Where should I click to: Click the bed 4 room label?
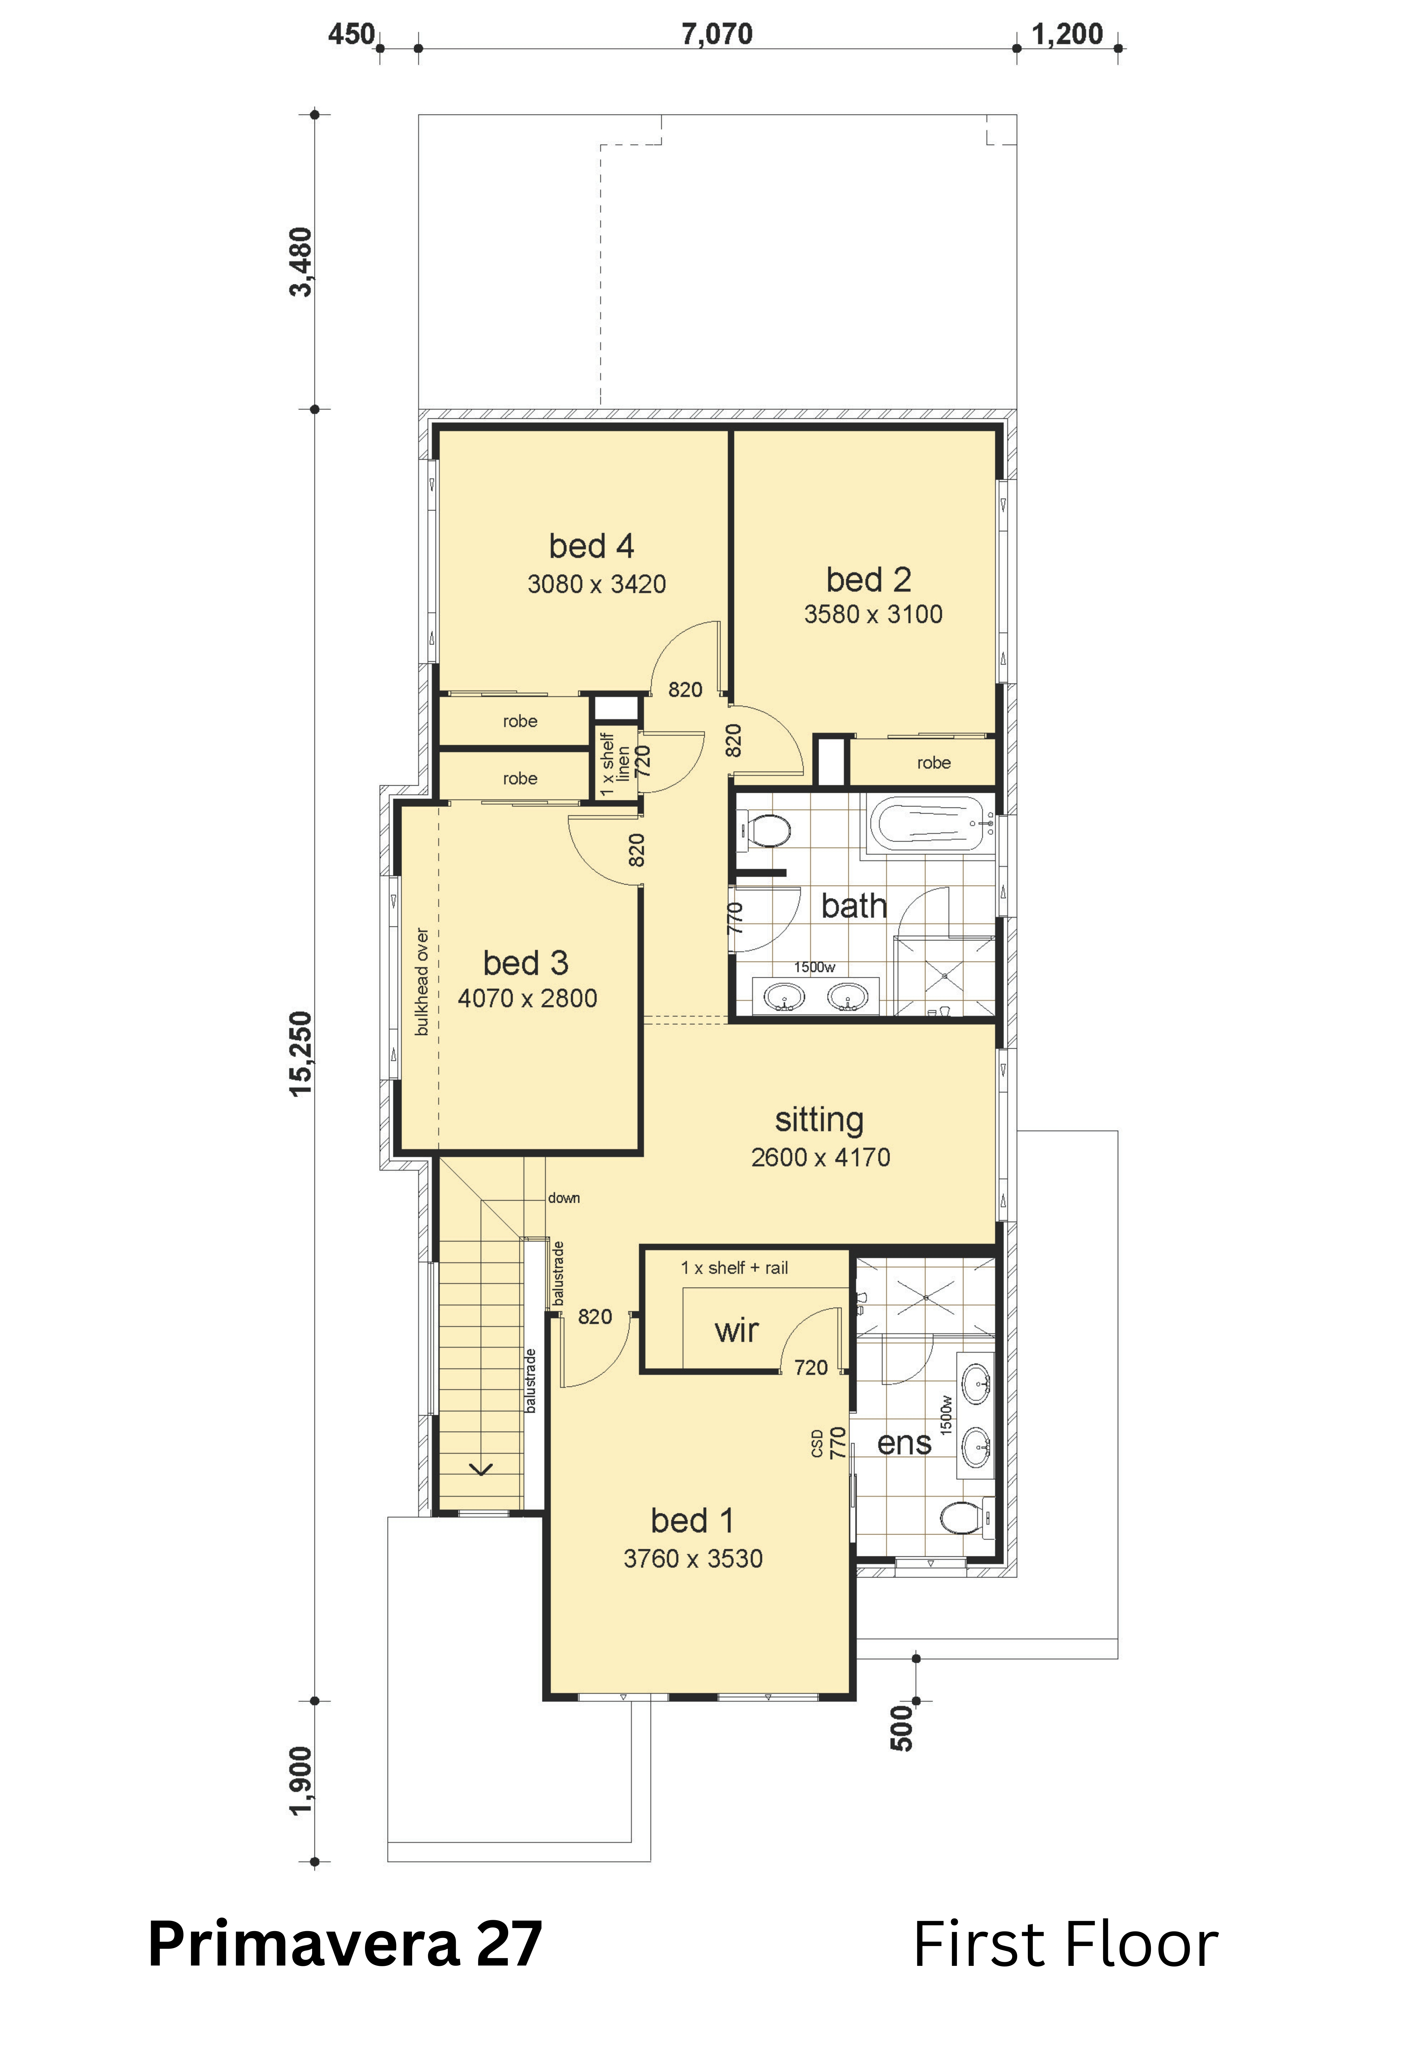(591, 546)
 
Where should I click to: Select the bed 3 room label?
(526, 963)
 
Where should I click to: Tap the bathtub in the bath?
(930, 825)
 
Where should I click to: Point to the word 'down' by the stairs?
(564, 1198)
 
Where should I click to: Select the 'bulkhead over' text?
(422, 982)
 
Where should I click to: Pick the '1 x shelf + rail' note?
(734, 1269)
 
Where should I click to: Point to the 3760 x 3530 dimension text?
(693, 1559)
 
